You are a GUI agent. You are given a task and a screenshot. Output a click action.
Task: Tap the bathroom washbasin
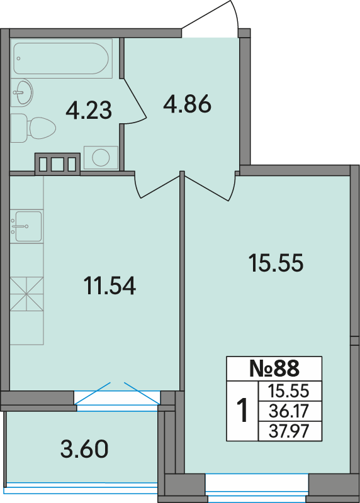(x=22, y=92)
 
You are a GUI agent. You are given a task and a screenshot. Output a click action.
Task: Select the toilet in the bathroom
(x=33, y=128)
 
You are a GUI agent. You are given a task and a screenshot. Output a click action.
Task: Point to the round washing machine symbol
(x=101, y=158)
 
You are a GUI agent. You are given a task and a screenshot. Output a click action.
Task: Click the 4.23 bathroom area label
(x=89, y=110)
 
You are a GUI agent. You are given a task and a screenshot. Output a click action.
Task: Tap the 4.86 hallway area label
(x=187, y=104)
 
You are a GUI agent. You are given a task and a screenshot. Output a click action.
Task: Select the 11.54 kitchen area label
(x=110, y=285)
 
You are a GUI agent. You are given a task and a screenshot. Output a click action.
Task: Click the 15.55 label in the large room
(x=276, y=263)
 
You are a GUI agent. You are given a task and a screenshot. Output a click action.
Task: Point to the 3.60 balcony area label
(x=84, y=449)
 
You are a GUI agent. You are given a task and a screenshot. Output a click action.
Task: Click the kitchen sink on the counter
(x=26, y=226)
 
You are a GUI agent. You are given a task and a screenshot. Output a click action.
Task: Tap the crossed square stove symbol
(x=26, y=294)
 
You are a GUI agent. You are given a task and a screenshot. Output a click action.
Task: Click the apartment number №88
(x=274, y=368)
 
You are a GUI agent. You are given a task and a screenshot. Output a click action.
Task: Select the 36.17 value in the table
(x=289, y=411)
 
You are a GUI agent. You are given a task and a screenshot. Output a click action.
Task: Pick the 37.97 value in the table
(x=289, y=431)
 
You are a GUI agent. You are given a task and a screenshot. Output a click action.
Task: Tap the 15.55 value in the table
(x=289, y=391)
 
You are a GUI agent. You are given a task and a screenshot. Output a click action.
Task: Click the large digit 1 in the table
(x=242, y=411)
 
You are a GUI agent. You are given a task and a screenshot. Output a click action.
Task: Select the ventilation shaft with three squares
(x=57, y=164)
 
